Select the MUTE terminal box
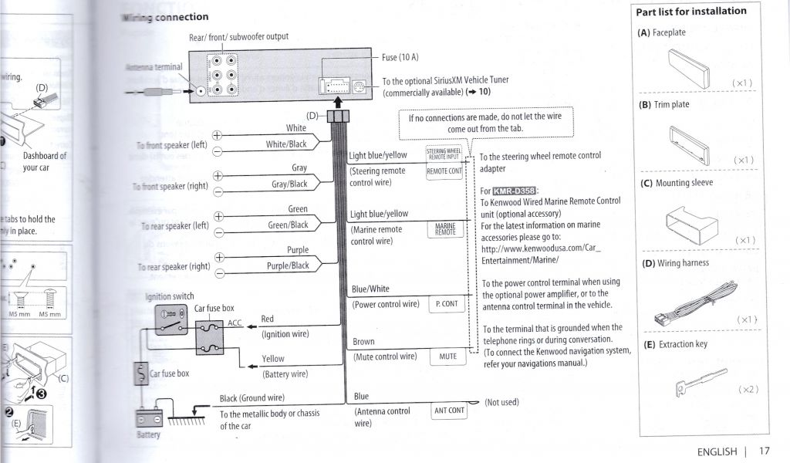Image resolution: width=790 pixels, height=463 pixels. (x=447, y=357)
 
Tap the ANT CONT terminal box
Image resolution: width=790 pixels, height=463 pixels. (x=449, y=411)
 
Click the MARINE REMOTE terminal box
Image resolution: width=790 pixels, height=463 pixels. (x=445, y=229)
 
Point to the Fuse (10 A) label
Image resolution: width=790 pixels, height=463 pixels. (x=400, y=57)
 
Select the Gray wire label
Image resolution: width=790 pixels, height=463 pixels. (x=299, y=167)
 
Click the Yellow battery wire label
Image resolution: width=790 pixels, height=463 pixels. (x=272, y=359)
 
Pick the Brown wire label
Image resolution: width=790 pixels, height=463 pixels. (x=363, y=342)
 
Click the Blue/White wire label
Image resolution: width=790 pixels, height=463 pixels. (x=370, y=289)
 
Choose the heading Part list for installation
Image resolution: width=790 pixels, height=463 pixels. (x=690, y=12)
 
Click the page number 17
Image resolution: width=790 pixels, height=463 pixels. (x=764, y=452)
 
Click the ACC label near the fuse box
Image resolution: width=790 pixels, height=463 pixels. (x=235, y=323)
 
